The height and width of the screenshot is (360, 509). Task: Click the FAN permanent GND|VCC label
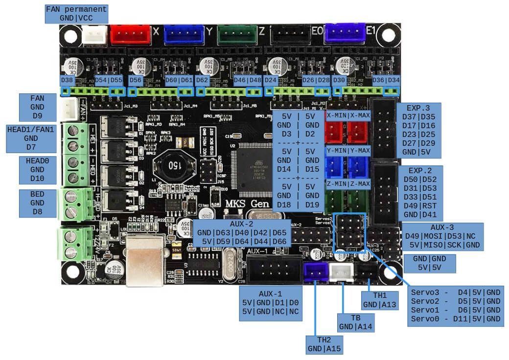tap(76, 14)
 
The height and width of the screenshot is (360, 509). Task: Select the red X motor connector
tap(130, 34)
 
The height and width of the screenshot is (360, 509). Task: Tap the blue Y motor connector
tap(184, 34)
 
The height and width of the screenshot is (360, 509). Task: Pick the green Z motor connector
tap(237, 34)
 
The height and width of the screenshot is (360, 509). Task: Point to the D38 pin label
tap(67, 80)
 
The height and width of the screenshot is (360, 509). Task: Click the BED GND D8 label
tap(37, 202)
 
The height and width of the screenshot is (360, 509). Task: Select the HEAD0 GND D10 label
tap(37, 169)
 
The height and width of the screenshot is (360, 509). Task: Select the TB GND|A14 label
tap(355, 322)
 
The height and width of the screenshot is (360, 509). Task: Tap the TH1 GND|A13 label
tap(380, 300)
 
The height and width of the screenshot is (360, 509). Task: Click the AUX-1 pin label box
tap(270, 303)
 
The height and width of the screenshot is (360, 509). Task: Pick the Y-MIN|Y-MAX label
tap(348, 150)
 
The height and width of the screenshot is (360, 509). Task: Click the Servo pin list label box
tap(456, 305)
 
